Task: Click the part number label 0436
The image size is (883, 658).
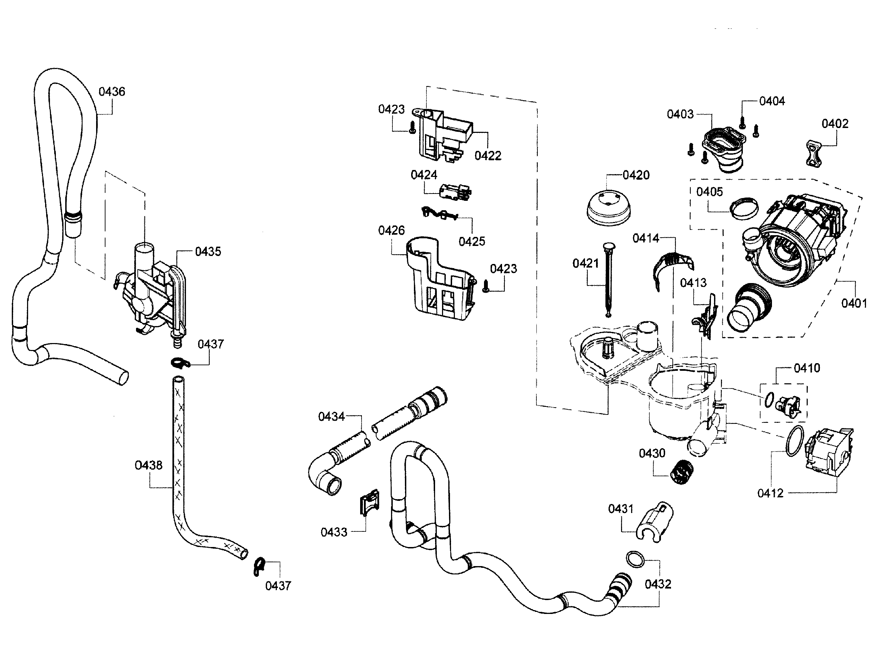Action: (x=112, y=92)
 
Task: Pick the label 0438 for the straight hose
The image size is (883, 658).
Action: (x=148, y=465)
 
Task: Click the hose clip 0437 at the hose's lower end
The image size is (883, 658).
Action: (x=259, y=566)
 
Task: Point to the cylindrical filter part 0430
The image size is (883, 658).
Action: (x=681, y=472)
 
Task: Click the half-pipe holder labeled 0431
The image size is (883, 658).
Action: (x=655, y=522)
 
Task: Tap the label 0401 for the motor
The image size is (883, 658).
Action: (x=854, y=304)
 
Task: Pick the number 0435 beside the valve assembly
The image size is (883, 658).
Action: (x=207, y=251)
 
